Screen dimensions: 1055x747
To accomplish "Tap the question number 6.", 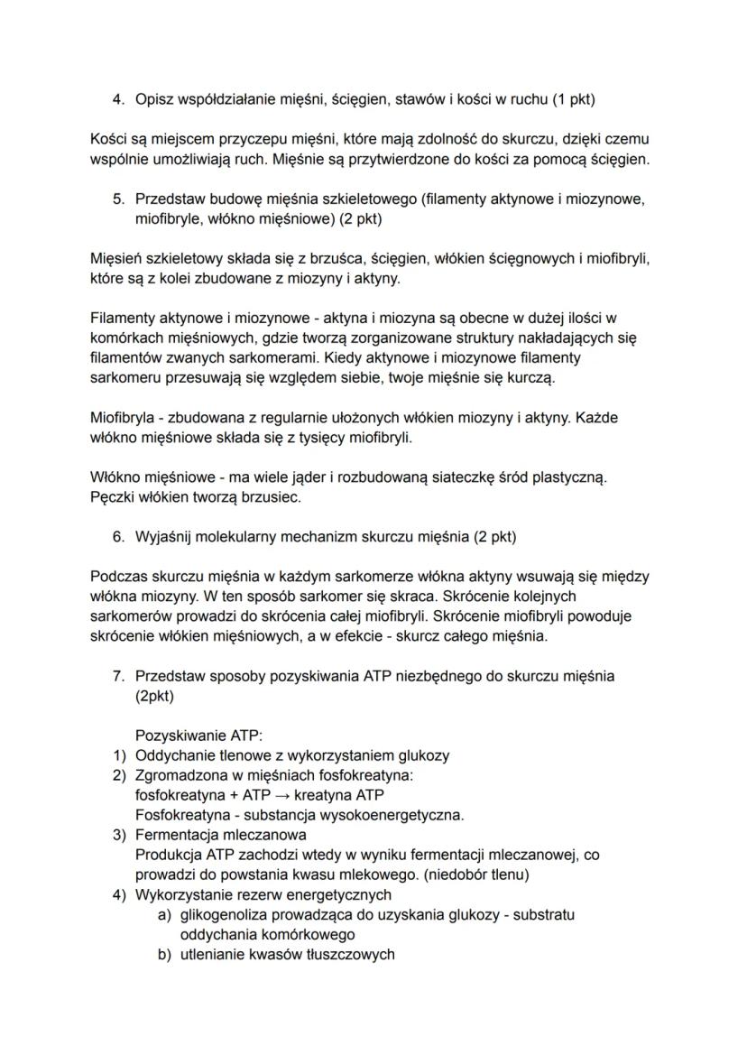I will [117, 536].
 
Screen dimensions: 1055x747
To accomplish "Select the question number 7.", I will [117, 675].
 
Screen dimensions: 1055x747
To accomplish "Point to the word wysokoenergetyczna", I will [394, 815].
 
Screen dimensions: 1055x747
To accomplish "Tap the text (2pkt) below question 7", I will [154, 695].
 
